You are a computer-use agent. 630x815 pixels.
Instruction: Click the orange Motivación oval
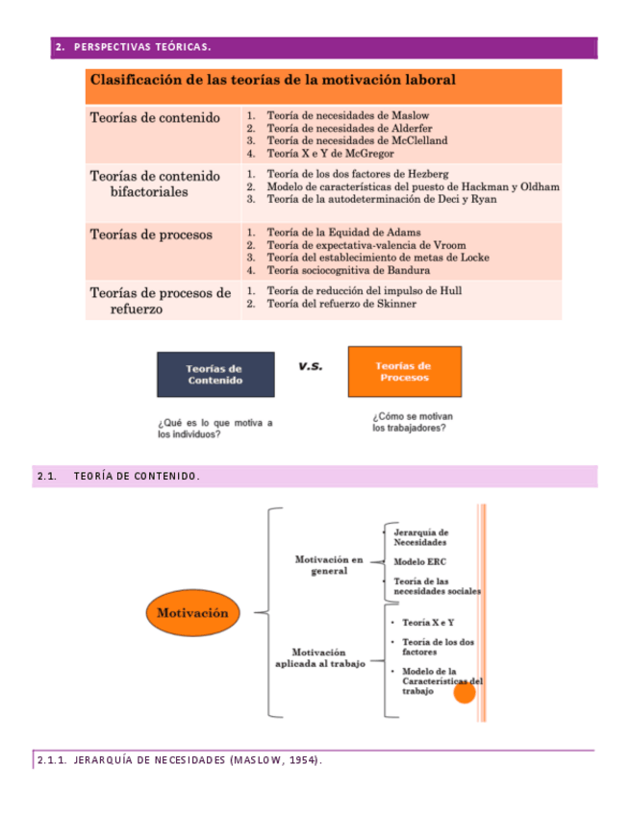click(192, 612)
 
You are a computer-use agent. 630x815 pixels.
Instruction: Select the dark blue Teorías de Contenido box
click(214, 375)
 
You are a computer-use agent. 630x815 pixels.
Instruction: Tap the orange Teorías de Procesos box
click(404, 371)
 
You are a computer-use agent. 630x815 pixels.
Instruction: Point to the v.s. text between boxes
click(311, 366)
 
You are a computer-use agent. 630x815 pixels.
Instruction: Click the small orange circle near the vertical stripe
click(465, 691)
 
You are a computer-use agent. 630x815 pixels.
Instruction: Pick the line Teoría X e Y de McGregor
click(330, 153)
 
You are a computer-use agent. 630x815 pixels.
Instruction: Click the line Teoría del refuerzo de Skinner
click(341, 304)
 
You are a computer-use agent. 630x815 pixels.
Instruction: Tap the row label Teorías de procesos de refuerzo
click(160, 301)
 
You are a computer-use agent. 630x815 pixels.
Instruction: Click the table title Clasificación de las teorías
click(273, 80)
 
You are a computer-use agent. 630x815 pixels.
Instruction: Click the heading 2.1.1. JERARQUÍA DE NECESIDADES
click(179, 761)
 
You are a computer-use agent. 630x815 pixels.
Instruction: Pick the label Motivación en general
click(329, 564)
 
